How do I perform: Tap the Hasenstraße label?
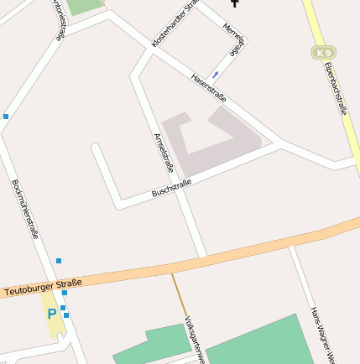210,91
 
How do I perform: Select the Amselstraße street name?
164,153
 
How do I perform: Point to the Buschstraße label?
171,189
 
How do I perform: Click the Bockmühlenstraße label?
25,209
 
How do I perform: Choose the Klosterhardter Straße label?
174,23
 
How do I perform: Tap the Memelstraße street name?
234,38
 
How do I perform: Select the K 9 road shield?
323,52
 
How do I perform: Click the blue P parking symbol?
52,315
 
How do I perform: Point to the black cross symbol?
234,3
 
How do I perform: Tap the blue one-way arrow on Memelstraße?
216,74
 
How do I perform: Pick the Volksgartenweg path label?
195,340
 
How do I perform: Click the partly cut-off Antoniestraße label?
58,18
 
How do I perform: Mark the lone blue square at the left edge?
6,116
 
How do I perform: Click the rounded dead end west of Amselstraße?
97,149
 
